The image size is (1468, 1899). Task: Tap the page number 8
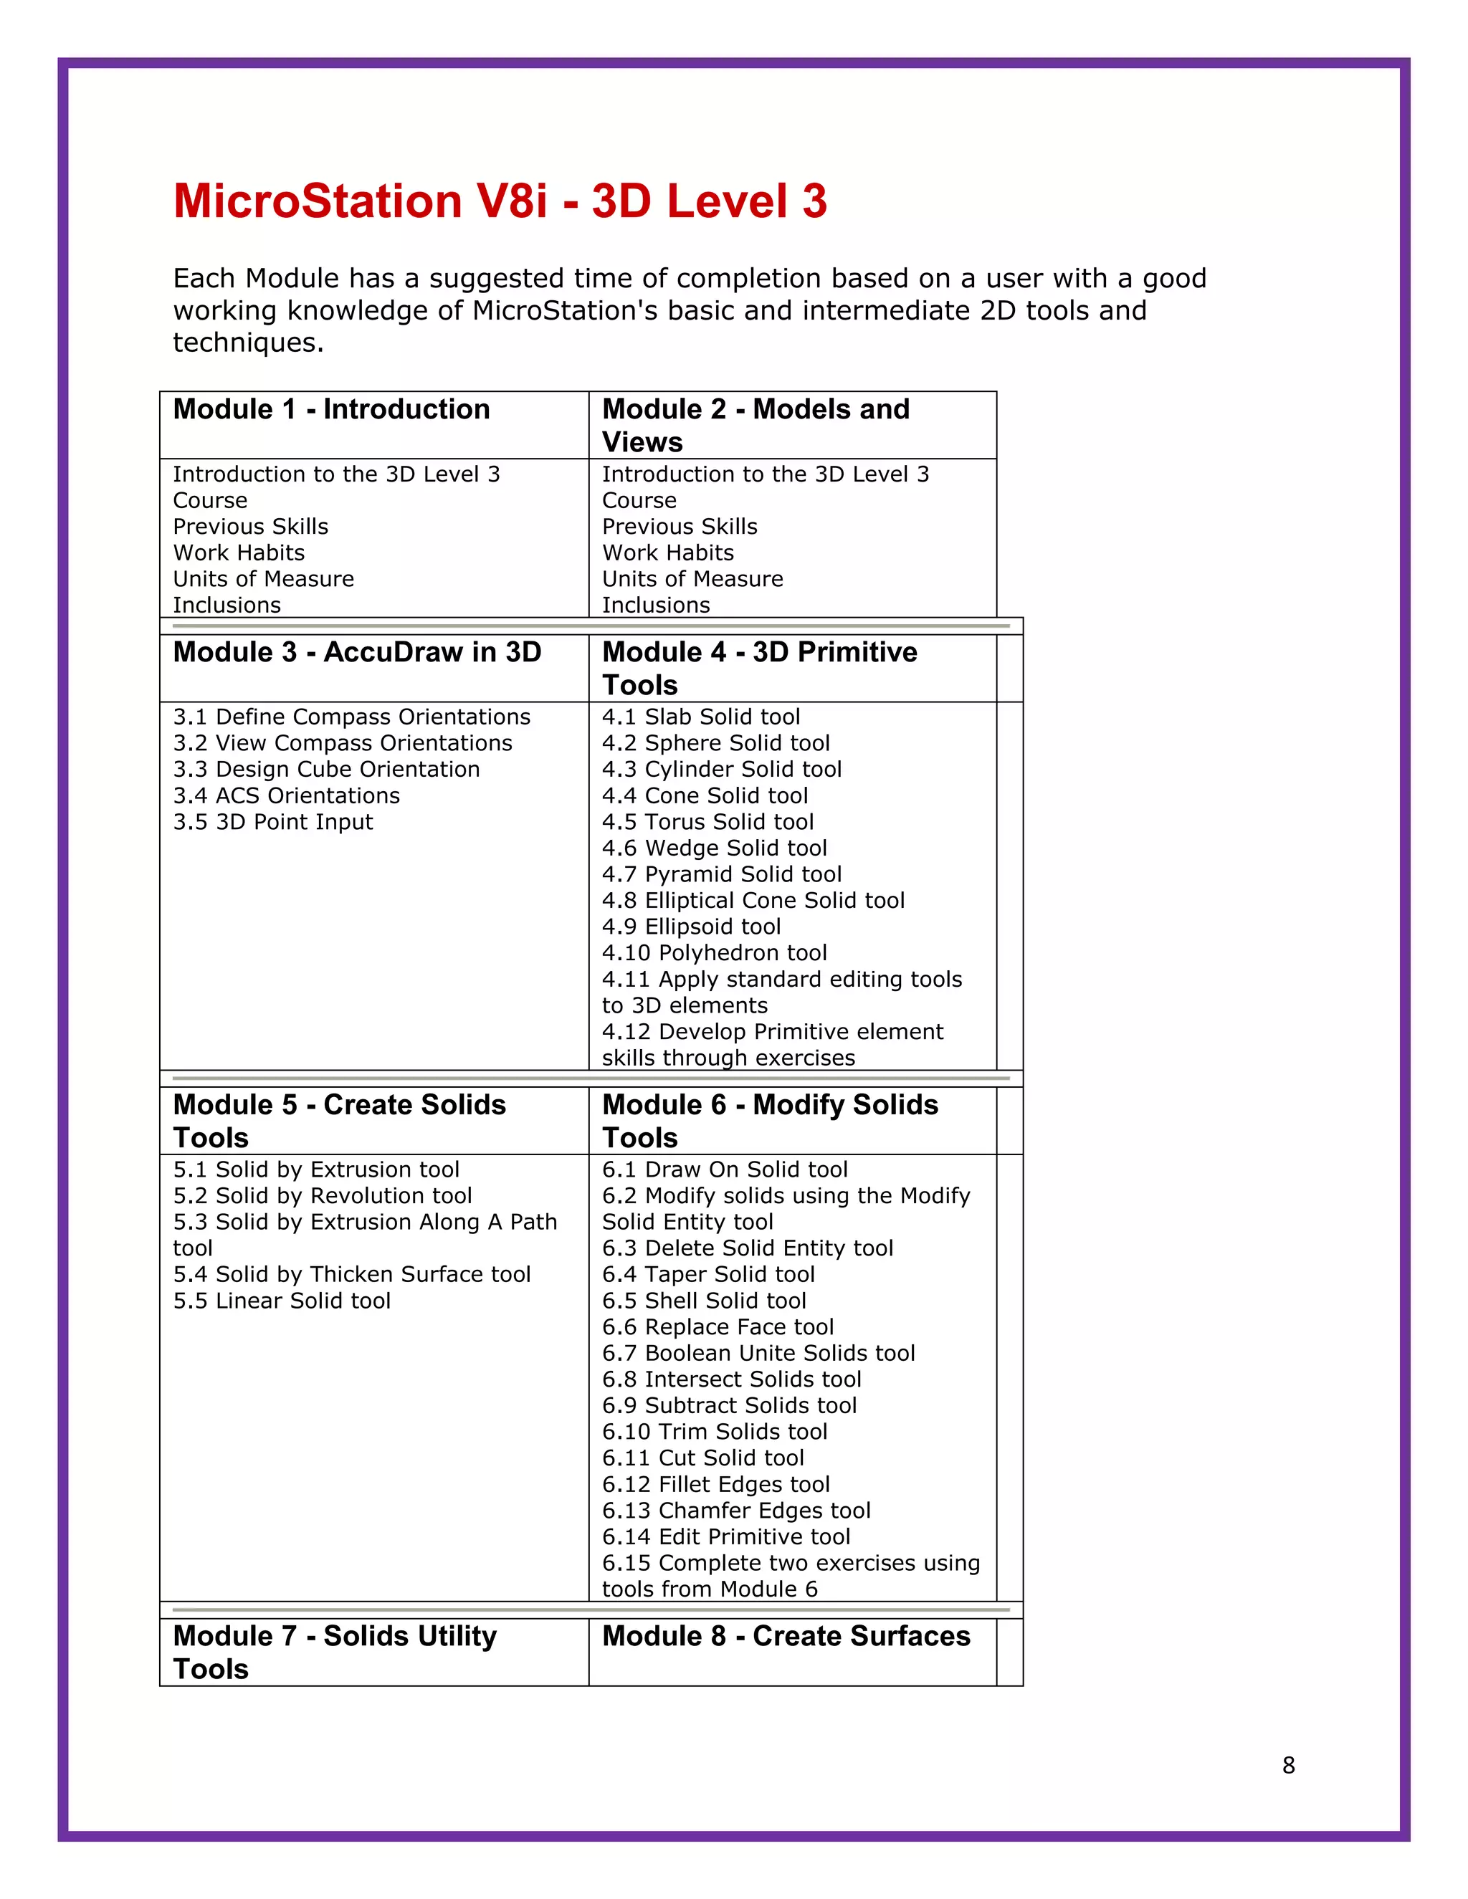pyautogui.click(x=1288, y=1765)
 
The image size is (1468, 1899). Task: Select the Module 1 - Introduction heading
pyautogui.click(x=331, y=409)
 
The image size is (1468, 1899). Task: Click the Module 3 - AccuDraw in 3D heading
pyautogui.click(x=356, y=652)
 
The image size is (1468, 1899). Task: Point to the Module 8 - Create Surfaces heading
pyautogui.click(x=786, y=1637)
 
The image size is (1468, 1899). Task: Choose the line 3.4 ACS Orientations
pyautogui.click(x=286, y=795)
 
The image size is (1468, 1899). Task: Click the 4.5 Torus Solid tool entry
pyautogui.click(x=707, y=822)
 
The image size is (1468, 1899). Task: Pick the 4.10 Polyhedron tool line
pyautogui.click(x=714, y=953)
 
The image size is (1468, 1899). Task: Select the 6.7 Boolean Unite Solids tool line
pyautogui.click(x=758, y=1353)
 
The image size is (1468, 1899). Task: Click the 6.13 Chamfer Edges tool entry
pyautogui.click(x=735, y=1511)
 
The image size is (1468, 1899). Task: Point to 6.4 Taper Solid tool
pyautogui.click(x=708, y=1275)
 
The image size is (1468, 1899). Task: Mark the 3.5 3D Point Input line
pyautogui.click(x=272, y=822)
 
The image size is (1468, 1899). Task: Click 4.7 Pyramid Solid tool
pyautogui.click(x=721, y=875)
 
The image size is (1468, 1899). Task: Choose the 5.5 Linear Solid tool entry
pyautogui.click(x=282, y=1301)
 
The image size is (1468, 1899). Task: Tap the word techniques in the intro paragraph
pyautogui.click(x=248, y=343)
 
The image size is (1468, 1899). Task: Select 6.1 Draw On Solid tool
pyautogui.click(x=725, y=1169)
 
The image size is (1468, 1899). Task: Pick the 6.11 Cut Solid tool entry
pyautogui.click(x=702, y=1458)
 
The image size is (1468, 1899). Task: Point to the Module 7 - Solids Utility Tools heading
pyautogui.click(x=335, y=1652)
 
